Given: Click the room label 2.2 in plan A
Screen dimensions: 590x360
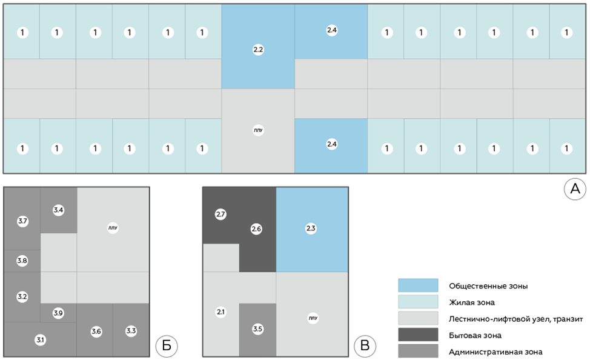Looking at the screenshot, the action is point(258,50).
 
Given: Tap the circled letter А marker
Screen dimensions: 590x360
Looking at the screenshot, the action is point(575,188).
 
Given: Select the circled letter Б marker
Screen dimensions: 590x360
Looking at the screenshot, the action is point(167,345).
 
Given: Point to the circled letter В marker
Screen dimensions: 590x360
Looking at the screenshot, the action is point(365,345).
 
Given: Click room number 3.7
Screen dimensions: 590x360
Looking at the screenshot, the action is point(22,221).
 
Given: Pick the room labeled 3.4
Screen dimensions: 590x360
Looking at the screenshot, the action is point(58,210).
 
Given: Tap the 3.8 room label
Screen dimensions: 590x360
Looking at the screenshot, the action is point(22,261).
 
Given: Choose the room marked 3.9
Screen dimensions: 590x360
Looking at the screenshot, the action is point(58,313).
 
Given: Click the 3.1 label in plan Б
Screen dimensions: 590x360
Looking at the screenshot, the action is point(40,340).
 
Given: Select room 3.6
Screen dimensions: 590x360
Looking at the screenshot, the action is point(96,332).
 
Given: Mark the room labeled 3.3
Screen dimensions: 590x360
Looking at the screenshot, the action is point(131,331).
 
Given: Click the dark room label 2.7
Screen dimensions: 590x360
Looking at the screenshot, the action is point(220,215).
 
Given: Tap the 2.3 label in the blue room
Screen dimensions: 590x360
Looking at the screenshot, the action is point(311,228).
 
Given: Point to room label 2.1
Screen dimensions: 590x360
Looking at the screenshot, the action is point(220,312).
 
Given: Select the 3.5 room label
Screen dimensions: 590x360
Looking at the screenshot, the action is point(257,329).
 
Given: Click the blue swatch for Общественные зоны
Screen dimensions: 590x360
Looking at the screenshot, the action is point(418,285).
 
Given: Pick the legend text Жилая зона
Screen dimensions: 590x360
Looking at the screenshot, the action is point(472,302).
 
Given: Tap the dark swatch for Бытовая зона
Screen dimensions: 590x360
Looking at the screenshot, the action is point(418,335).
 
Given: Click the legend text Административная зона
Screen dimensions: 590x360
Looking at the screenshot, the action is point(496,352).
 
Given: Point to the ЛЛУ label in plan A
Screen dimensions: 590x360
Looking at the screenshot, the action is point(258,130).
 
